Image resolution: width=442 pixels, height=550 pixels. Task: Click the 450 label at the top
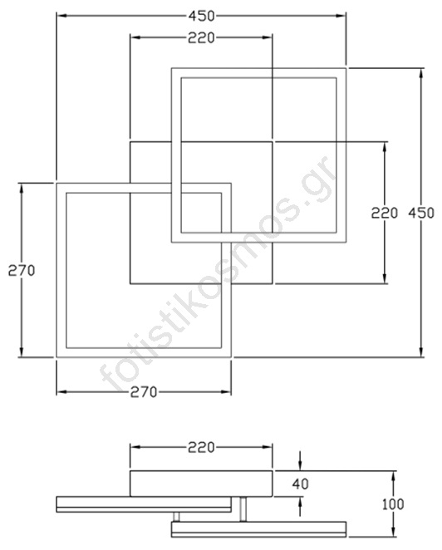pyautogui.click(x=201, y=16)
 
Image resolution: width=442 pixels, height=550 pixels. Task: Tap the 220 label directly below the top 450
pyautogui.click(x=201, y=38)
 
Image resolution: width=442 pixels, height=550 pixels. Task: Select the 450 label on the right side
pyautogui.click(x=421, y=213)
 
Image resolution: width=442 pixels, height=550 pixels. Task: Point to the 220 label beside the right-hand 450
pyautogui.click(x=385, y=213)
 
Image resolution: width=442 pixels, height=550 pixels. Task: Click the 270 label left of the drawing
pyautogui.click(x=22, y=271)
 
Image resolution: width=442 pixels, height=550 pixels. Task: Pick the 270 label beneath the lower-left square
pyautogui.click(x=144, y=392)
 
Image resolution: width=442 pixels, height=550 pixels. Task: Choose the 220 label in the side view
pyautogui.click(x=201, y=447)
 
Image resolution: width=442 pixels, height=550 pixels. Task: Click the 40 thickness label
pyautogui.click(x=300, y=484)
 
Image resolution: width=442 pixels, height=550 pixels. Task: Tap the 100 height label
pyautogui.click(x=393, y=504)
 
